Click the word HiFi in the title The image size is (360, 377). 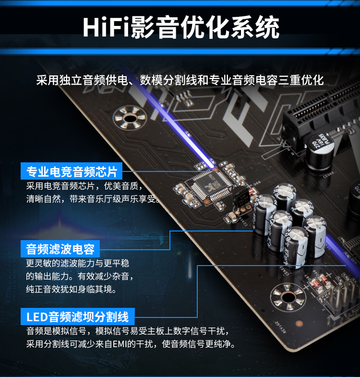[x=106, y=27]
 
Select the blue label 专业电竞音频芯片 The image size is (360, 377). [x=72, y=171]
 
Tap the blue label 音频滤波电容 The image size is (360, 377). [x=60, y=248]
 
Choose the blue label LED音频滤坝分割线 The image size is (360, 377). [x=77, y=316]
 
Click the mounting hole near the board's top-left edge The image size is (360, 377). [x=130, y=118]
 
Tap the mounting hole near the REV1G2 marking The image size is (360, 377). [x=288, y=297]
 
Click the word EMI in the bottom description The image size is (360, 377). [x=120, y=344]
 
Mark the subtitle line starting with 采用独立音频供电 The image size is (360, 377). [x=180, y=80]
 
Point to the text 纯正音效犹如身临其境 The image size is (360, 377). [x=72, y=289]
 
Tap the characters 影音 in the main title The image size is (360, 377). [x=155, y=27]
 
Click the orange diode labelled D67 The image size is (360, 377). [x=315, y=283]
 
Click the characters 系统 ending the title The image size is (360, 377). [x=255, y=27]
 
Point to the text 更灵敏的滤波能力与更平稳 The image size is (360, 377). [x=78, y=263]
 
